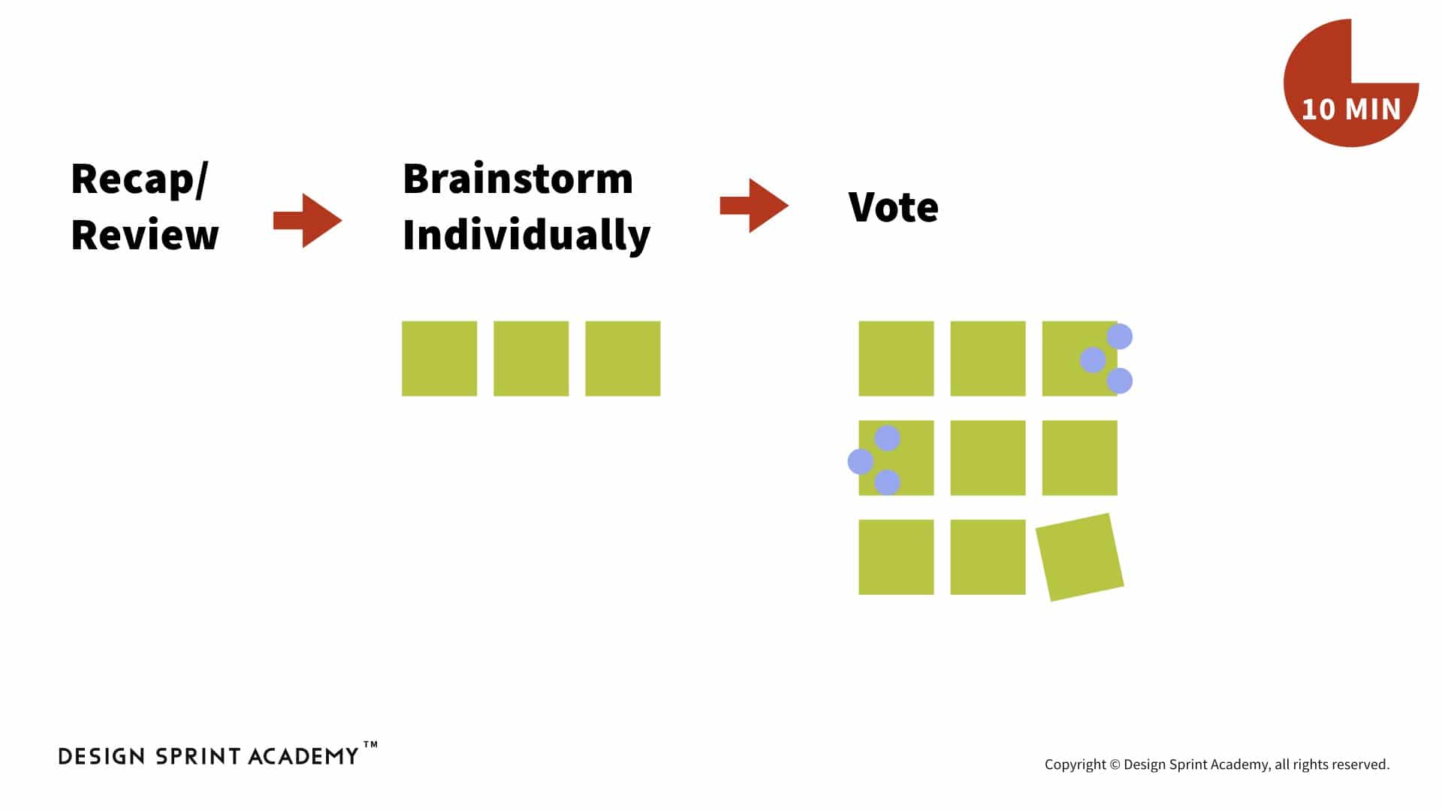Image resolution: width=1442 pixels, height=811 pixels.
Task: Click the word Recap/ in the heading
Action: coord(139,180)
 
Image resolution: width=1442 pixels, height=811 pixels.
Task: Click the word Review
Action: coord(145,235)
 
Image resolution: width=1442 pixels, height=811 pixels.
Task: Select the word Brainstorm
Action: coord(518,179)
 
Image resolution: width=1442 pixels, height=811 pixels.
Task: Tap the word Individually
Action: coord(526,236)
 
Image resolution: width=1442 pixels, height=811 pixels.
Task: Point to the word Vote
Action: coord(894,207)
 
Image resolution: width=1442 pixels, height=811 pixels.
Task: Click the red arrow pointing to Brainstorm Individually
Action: coord(308,221)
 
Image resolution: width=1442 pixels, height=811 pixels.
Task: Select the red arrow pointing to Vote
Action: coord(754,206)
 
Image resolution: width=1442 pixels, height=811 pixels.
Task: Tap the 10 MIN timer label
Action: coord(1351,110)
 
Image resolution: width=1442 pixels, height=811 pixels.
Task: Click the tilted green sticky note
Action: coord(1080,557)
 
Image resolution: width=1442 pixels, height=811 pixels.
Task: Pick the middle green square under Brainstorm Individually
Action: coord(531,359)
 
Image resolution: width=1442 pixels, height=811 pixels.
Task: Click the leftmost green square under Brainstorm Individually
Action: coord(439,359)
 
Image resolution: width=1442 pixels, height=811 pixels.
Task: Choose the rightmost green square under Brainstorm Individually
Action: coord(623,359)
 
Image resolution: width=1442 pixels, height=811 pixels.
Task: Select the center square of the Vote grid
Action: coord(988,458)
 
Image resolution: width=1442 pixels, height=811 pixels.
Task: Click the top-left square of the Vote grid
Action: coord(896,359)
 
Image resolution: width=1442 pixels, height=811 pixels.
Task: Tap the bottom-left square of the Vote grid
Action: coord(896,557)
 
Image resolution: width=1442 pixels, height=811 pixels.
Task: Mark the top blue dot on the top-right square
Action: coord(1119,336)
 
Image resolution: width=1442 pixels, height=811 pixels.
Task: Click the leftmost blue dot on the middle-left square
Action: coord(861,461)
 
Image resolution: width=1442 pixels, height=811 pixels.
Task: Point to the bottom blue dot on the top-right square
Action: coord(1119,381)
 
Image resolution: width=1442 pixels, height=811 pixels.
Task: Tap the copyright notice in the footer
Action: coord(1217,764)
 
